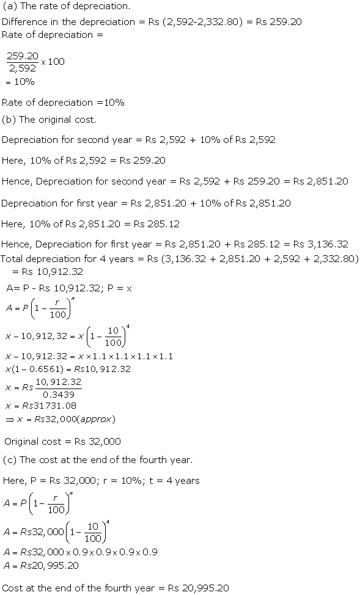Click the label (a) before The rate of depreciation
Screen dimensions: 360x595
(x=10, y=7)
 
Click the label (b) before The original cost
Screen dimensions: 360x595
(x=10, y=119)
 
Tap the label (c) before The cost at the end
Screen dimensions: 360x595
(x=10, y=459)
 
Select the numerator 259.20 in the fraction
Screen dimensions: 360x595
(x=23, y=56)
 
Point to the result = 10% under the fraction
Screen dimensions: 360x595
(x=20, y=82)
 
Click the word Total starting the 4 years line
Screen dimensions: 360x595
(x=14, y=259)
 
